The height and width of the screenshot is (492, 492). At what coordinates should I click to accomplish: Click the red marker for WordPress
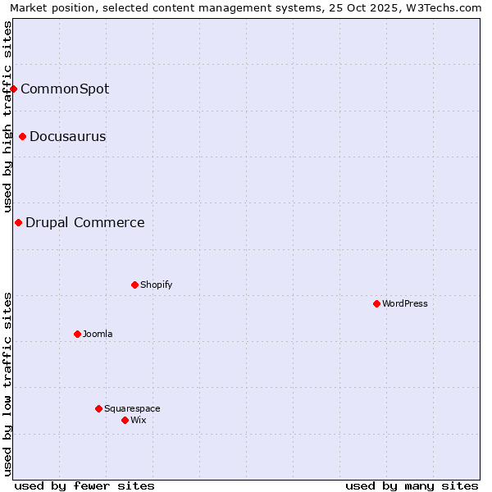pos(376,303)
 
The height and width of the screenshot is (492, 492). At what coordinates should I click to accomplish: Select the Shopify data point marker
pos(134,285)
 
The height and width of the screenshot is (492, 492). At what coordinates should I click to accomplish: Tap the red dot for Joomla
pos(77,334)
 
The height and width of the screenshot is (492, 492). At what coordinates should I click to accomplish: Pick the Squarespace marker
pos(98,408)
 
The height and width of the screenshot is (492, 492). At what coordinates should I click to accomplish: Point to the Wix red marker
pos(125,420)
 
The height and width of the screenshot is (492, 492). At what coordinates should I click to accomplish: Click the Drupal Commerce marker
pos(18,222)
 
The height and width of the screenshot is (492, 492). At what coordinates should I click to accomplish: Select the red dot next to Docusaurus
pos(22,136)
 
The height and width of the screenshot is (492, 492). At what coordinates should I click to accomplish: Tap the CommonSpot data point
pos(14,89)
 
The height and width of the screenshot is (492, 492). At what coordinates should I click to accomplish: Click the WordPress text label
pos(405,303)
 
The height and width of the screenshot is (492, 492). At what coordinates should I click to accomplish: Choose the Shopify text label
pos(157,285)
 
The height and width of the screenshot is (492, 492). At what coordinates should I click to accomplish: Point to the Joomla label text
pos(98,334)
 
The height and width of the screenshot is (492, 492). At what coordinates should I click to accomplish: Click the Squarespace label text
pos(132,408)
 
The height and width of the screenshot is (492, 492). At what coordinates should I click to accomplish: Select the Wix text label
pos(139,420)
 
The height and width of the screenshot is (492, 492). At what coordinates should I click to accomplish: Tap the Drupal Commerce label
pos(85,222)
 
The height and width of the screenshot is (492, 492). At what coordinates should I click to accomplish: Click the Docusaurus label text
pos(68,136)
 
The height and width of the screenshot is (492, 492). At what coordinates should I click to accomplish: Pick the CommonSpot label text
pos(65,89)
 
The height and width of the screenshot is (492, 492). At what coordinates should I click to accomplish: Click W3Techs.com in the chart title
pos(442,8)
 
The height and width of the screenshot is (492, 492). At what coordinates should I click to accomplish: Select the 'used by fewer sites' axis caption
pos(84,485)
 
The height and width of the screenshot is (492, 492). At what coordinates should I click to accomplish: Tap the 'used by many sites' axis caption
pos(412,485)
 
